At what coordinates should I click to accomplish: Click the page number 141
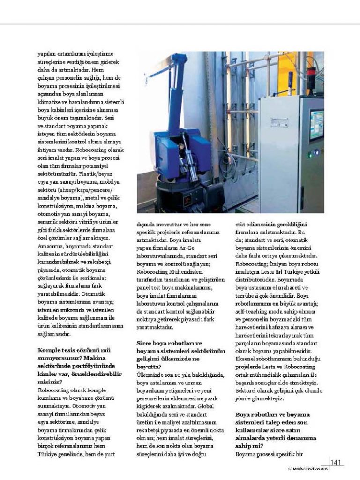pyautogui.click(x=336, y=463)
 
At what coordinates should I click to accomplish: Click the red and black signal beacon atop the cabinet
pyautogui.click(x=291, y=78)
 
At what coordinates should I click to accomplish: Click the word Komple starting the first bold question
pyautogui.click(x=49, y=350)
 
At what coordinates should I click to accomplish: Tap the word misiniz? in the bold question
pyautogui.click(x=49, y=381)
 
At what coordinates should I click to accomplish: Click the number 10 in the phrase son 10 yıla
pyautogui.click(x=178, y=374)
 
